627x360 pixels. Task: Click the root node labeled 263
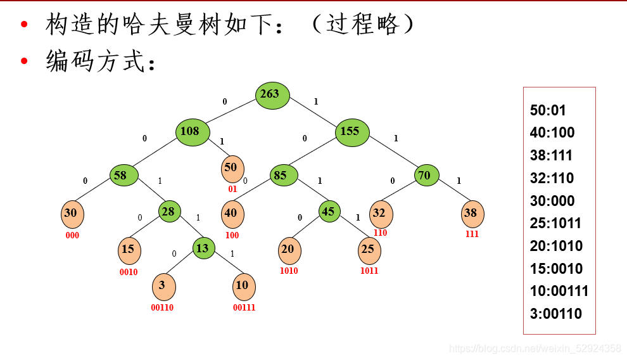coord(273,95)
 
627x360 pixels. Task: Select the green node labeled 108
coord(193,132)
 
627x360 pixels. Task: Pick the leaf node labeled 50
coord(232,169)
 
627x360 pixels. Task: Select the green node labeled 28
coord(169,212)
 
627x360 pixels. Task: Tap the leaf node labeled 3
coord(163,286)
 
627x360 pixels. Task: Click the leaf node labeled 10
coord(244,286)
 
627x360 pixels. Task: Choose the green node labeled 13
coord(204,248)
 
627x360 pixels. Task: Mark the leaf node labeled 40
coord(232,214)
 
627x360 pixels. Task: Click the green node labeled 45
coord(329,212)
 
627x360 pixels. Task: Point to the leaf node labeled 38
coord(472,214)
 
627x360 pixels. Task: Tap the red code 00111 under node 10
coord(244,308)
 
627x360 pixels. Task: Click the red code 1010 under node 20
coord(289,271)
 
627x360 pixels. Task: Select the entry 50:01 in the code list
coord(548,110)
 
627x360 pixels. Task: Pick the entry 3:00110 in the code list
coord(555,314)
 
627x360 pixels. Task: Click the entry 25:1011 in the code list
coord(555,223)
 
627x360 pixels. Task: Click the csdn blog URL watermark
coord(535,349)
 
